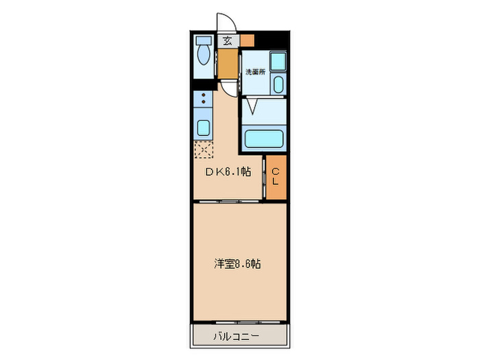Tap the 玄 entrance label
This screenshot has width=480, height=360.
pos(226,40)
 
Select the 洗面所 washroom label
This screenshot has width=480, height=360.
pos(254,71)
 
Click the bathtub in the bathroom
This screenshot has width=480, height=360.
pos(265,139)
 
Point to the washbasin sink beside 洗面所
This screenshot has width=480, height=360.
pos(278,85)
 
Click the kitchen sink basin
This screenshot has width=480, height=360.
pos(203,128)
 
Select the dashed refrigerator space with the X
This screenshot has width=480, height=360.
pos(204,149)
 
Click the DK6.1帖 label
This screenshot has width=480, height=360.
pos(228,172)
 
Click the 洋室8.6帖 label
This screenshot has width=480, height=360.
pos(237,263)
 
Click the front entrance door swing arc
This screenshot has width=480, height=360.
pos(226,22)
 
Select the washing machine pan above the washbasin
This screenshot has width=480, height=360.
pos(278,61)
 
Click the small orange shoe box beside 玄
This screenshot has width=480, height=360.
pos(247,40)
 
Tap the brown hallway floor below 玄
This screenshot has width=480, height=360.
pos(226,63)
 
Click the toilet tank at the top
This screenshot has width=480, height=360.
pos(203,38)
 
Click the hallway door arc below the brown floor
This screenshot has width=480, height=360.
pos(227,87)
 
